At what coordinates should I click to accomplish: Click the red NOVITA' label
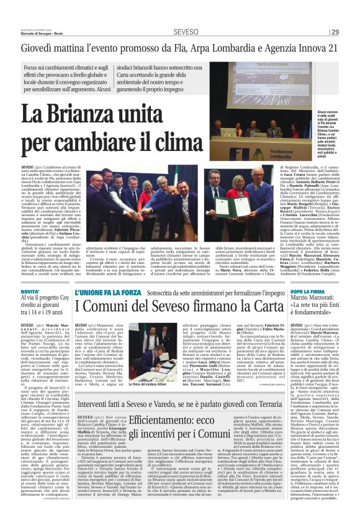[30, 291]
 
